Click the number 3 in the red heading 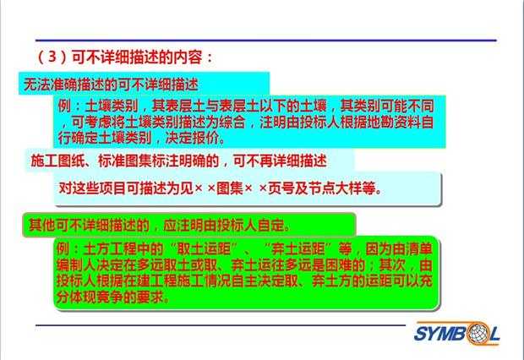coord(52,57)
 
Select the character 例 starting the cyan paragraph coord(64,106)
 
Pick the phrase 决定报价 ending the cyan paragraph coord(192,138)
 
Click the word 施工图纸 coord(57,161)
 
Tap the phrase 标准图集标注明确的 coord(158,161)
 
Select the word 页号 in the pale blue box coord(281,188)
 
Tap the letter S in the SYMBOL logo coord(420,333)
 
